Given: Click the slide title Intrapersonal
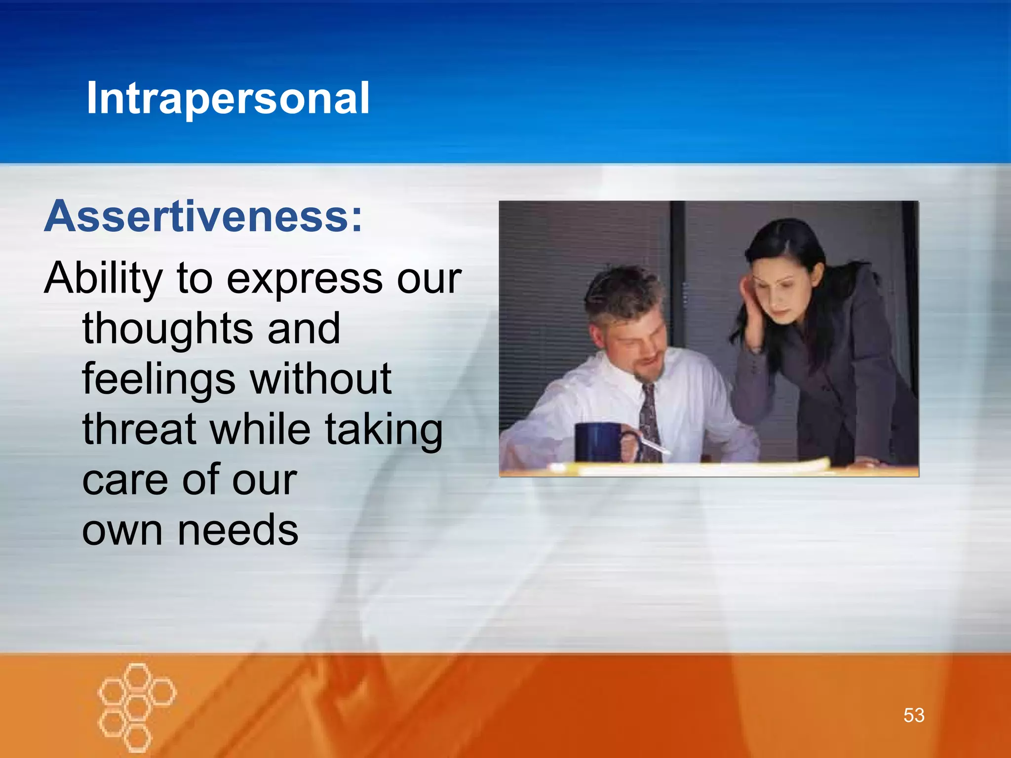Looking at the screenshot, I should [228, 98].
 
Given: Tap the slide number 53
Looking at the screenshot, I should [914, 715].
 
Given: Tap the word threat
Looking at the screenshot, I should [140, 429].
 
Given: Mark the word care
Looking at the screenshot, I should [124, 481].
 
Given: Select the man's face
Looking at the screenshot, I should [634, 345].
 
